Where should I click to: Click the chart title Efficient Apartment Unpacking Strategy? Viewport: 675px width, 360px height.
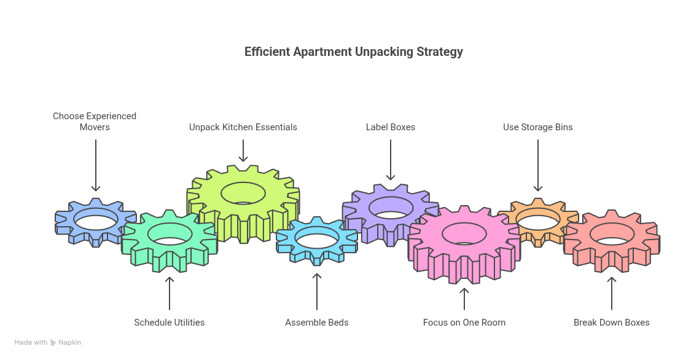pyautogui.click(x=353, y=52)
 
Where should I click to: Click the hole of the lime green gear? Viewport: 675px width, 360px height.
pyautogui.click(x=243, y=193)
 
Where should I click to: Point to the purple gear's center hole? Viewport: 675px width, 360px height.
pyautogui.click(x=391, y=208)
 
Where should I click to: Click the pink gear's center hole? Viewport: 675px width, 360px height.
pyautogui.click(x=464, y=233)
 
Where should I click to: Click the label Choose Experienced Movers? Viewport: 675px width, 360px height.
pyautogui.click(x=95, y=122)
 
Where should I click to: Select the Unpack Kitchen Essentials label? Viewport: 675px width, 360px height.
pyautogui.click(x=243, y=127)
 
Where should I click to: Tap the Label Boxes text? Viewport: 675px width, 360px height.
pyautogui.click(x=391, y=127)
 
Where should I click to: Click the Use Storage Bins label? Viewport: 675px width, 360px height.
pyautogui.click(x=537, y=127)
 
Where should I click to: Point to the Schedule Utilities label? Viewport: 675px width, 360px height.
pyautogui.click(x=169, y=323)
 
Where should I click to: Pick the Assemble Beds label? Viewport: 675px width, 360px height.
pyautogui.click(x=317, y=323)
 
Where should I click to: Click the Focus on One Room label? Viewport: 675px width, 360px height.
pyautogui.click(x=464, y=323)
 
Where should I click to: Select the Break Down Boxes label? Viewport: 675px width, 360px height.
pyautogui.click(x=611, y=323)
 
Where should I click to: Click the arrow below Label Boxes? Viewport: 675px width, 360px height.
pyautogui.click(x=391, y=160)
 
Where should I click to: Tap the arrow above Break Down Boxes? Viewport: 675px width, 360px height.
pyautogui.click(x=611, y=293)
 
